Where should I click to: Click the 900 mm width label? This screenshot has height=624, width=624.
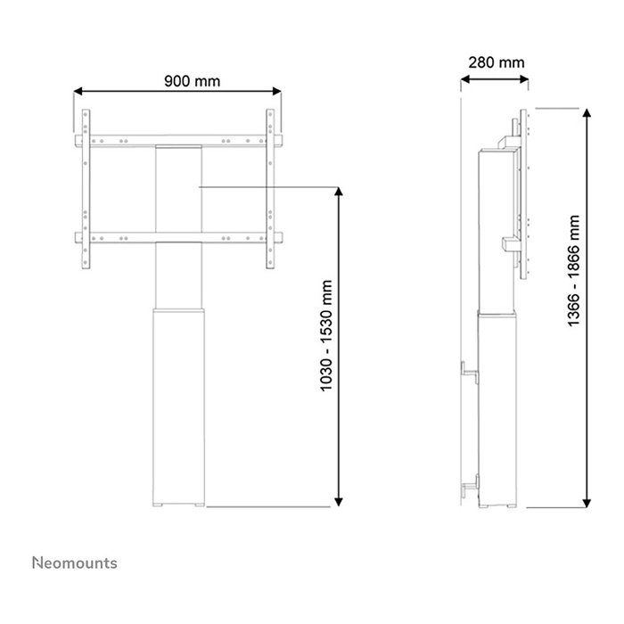[x=192, y=81]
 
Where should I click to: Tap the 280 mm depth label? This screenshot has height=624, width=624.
[x=496, y=62]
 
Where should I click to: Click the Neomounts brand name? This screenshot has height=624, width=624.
[x=75, y=562]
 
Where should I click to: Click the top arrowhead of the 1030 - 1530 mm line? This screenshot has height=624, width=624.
[x=339, y=193]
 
